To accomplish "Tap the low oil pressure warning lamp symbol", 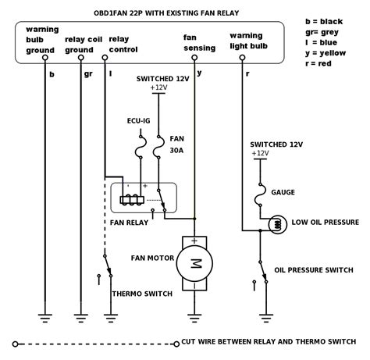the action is [278, 224].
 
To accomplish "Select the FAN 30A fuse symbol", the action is [158, 147].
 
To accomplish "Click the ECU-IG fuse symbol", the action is [141, 147].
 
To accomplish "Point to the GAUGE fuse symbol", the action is [260, 195].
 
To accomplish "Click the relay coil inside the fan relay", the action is [132, 200].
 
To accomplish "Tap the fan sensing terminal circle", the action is [194, 58].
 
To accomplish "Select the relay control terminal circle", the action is [105, 58].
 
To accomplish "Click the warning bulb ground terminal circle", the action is [45, 58].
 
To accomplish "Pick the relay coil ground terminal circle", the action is [81, 58].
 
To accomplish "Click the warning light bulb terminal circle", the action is [242, 58].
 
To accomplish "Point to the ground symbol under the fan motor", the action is [194, 319].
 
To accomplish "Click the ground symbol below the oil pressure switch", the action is [266, 319].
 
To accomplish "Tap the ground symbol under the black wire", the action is [45, 319].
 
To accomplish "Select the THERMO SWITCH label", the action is [142, 294].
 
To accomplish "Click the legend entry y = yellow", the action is [326, 53].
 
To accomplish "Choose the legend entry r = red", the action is [318, 63].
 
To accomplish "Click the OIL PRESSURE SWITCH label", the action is [314, 270].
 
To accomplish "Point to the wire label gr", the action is [88, 74].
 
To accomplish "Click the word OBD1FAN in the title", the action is [111, 13].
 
